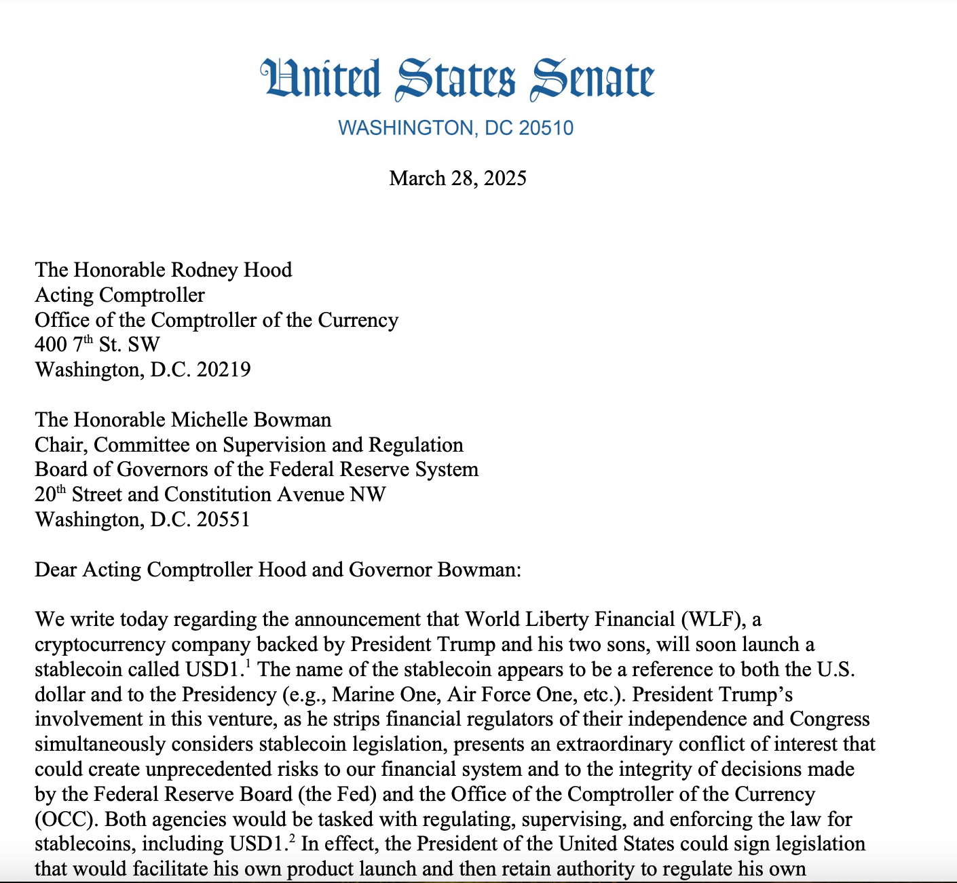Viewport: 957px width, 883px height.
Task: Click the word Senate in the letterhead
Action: pyautogui.click(x=592, y=80)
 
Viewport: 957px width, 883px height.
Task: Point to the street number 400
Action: pyautogui.click(x=51, y=345)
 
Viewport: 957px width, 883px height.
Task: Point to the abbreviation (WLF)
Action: pyautogui.click(x=712, y=619)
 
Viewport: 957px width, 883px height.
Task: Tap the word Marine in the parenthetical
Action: pyautogui.click(x=361, y=694)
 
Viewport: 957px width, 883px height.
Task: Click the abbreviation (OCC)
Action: pyautogui.click(x=66, y=819)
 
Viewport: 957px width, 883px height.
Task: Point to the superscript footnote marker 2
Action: pyautogui.click(x=292, y=839)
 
